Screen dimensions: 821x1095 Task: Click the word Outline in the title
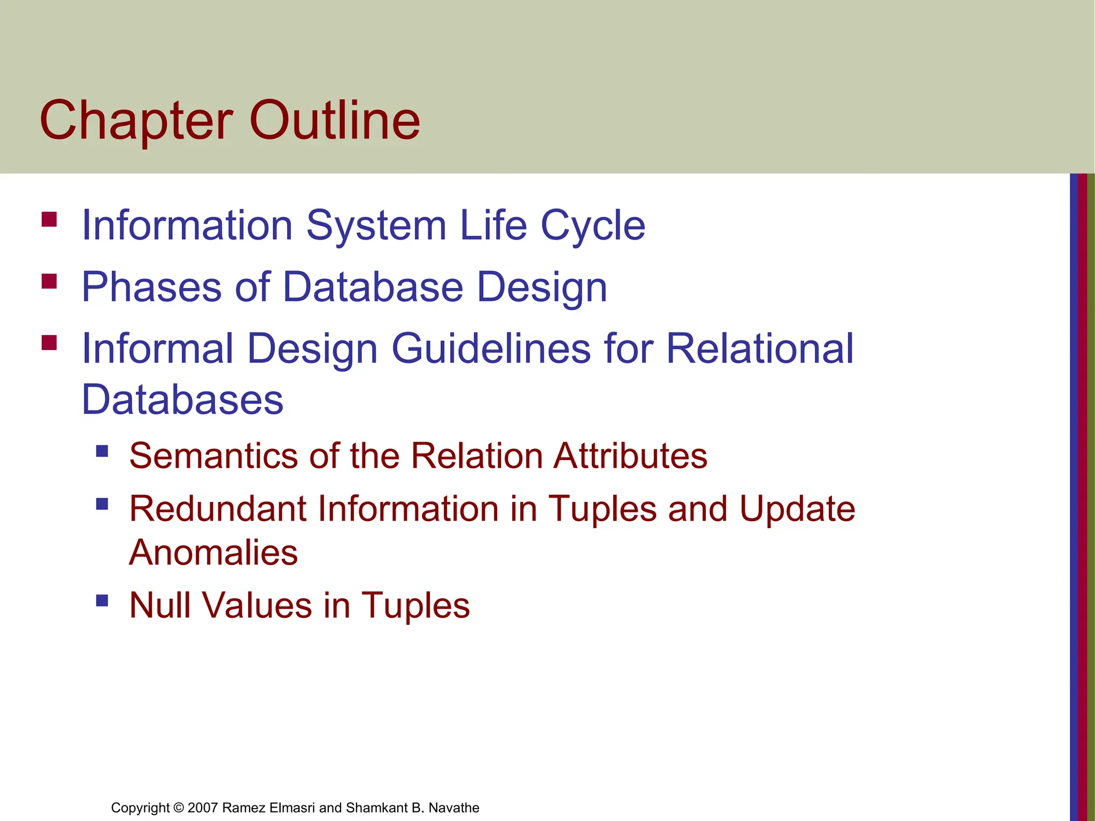(x=335, y=121)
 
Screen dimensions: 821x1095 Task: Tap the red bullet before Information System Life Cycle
(x=49, y=220)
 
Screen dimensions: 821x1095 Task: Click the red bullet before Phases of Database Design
(x=49, y=281)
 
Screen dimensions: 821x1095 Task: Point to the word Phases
(x=151, y=288)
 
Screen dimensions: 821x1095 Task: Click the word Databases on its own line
(x=182, y=400)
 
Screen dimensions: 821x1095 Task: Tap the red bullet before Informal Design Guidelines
(x=49, y=343)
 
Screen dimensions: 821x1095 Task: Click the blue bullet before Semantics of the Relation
(x=102, y=452)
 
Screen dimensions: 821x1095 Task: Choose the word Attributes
(x=630, y=456)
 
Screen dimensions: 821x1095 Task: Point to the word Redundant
(x=217, y=508)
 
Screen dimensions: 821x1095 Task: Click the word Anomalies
(x=213, y=553)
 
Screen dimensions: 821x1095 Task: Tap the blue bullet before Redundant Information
(x=102, y=504)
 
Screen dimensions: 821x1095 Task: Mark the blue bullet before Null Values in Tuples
(x=102, y=601)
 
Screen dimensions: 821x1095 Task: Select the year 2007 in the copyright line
(x=203, y=808)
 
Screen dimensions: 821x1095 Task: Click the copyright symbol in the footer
(x=179, y=808)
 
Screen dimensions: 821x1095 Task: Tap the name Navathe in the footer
(x=454, y=808)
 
